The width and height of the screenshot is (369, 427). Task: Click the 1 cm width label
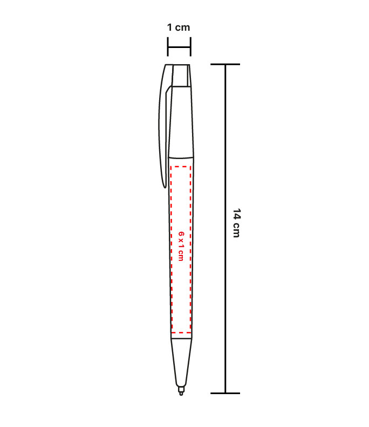(x=179, y=27)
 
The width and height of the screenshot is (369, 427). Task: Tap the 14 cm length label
(x=237, y=223)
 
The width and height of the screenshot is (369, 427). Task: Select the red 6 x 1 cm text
(x=181, y=246)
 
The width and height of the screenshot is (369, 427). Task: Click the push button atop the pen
(x=181, y=75)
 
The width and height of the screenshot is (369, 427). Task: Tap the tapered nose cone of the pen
(x=181, y=362)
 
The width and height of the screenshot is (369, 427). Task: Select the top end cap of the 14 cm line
(x=225, y=64)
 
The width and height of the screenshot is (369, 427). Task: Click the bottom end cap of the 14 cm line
(x=225, y=393)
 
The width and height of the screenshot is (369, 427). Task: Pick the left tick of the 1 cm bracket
(x=168, y=47)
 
